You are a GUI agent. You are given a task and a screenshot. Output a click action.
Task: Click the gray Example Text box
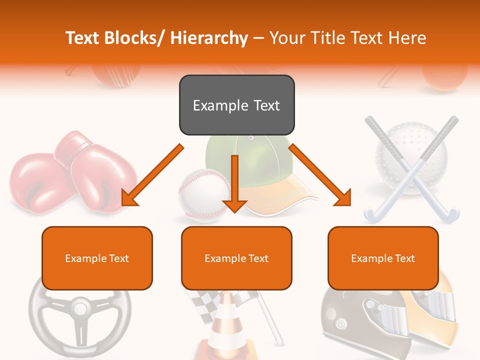[x=236, y=105]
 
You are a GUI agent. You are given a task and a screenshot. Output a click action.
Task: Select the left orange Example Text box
[x=97, y=258]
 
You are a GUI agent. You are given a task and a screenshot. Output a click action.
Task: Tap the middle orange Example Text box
[x=236, y=258]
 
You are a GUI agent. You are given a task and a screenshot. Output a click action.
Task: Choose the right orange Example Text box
[x=383, y=258]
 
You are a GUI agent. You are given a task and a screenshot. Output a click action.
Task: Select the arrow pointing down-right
[x=320, y=175]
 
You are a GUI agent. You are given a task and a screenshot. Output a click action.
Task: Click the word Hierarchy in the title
[x=209, y=38]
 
